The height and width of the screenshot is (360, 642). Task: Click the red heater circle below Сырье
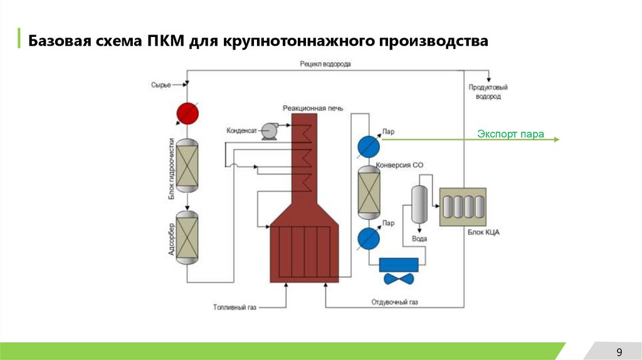click(x=187, y=113)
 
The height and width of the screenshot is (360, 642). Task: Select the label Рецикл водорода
click(x=325, y=64)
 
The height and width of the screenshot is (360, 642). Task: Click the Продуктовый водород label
click(x=488, y=92)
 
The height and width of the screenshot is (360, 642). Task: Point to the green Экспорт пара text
click(x=510, y=134)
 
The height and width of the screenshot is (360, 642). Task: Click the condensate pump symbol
click(x=270, y=130)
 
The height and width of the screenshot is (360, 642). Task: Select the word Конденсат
click(x=242, y=130)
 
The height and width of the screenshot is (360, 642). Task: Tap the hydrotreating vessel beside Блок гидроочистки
click(x=187, y=166)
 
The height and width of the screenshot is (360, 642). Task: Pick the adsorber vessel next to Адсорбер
click(x=187, y=238)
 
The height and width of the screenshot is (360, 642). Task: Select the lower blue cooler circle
click(x=369, y=238)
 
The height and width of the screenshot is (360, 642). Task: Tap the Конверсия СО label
click(x=400, y=165)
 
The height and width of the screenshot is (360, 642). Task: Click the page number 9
click(x=619, y=351)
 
